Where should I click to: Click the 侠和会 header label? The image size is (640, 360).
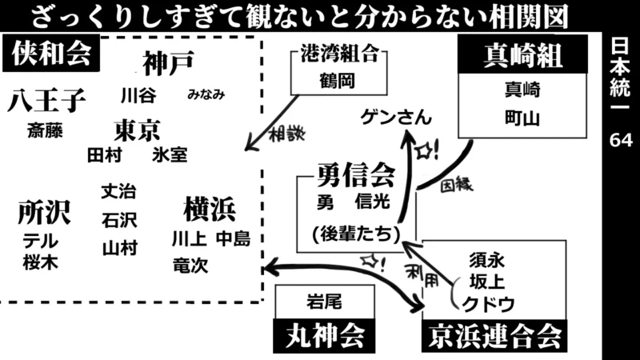(x=50, y=56)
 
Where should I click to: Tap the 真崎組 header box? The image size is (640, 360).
(x=523, y=56)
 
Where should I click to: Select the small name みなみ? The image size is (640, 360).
(x=206, y=94)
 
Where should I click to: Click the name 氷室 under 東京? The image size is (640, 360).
(x=170, y=154)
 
